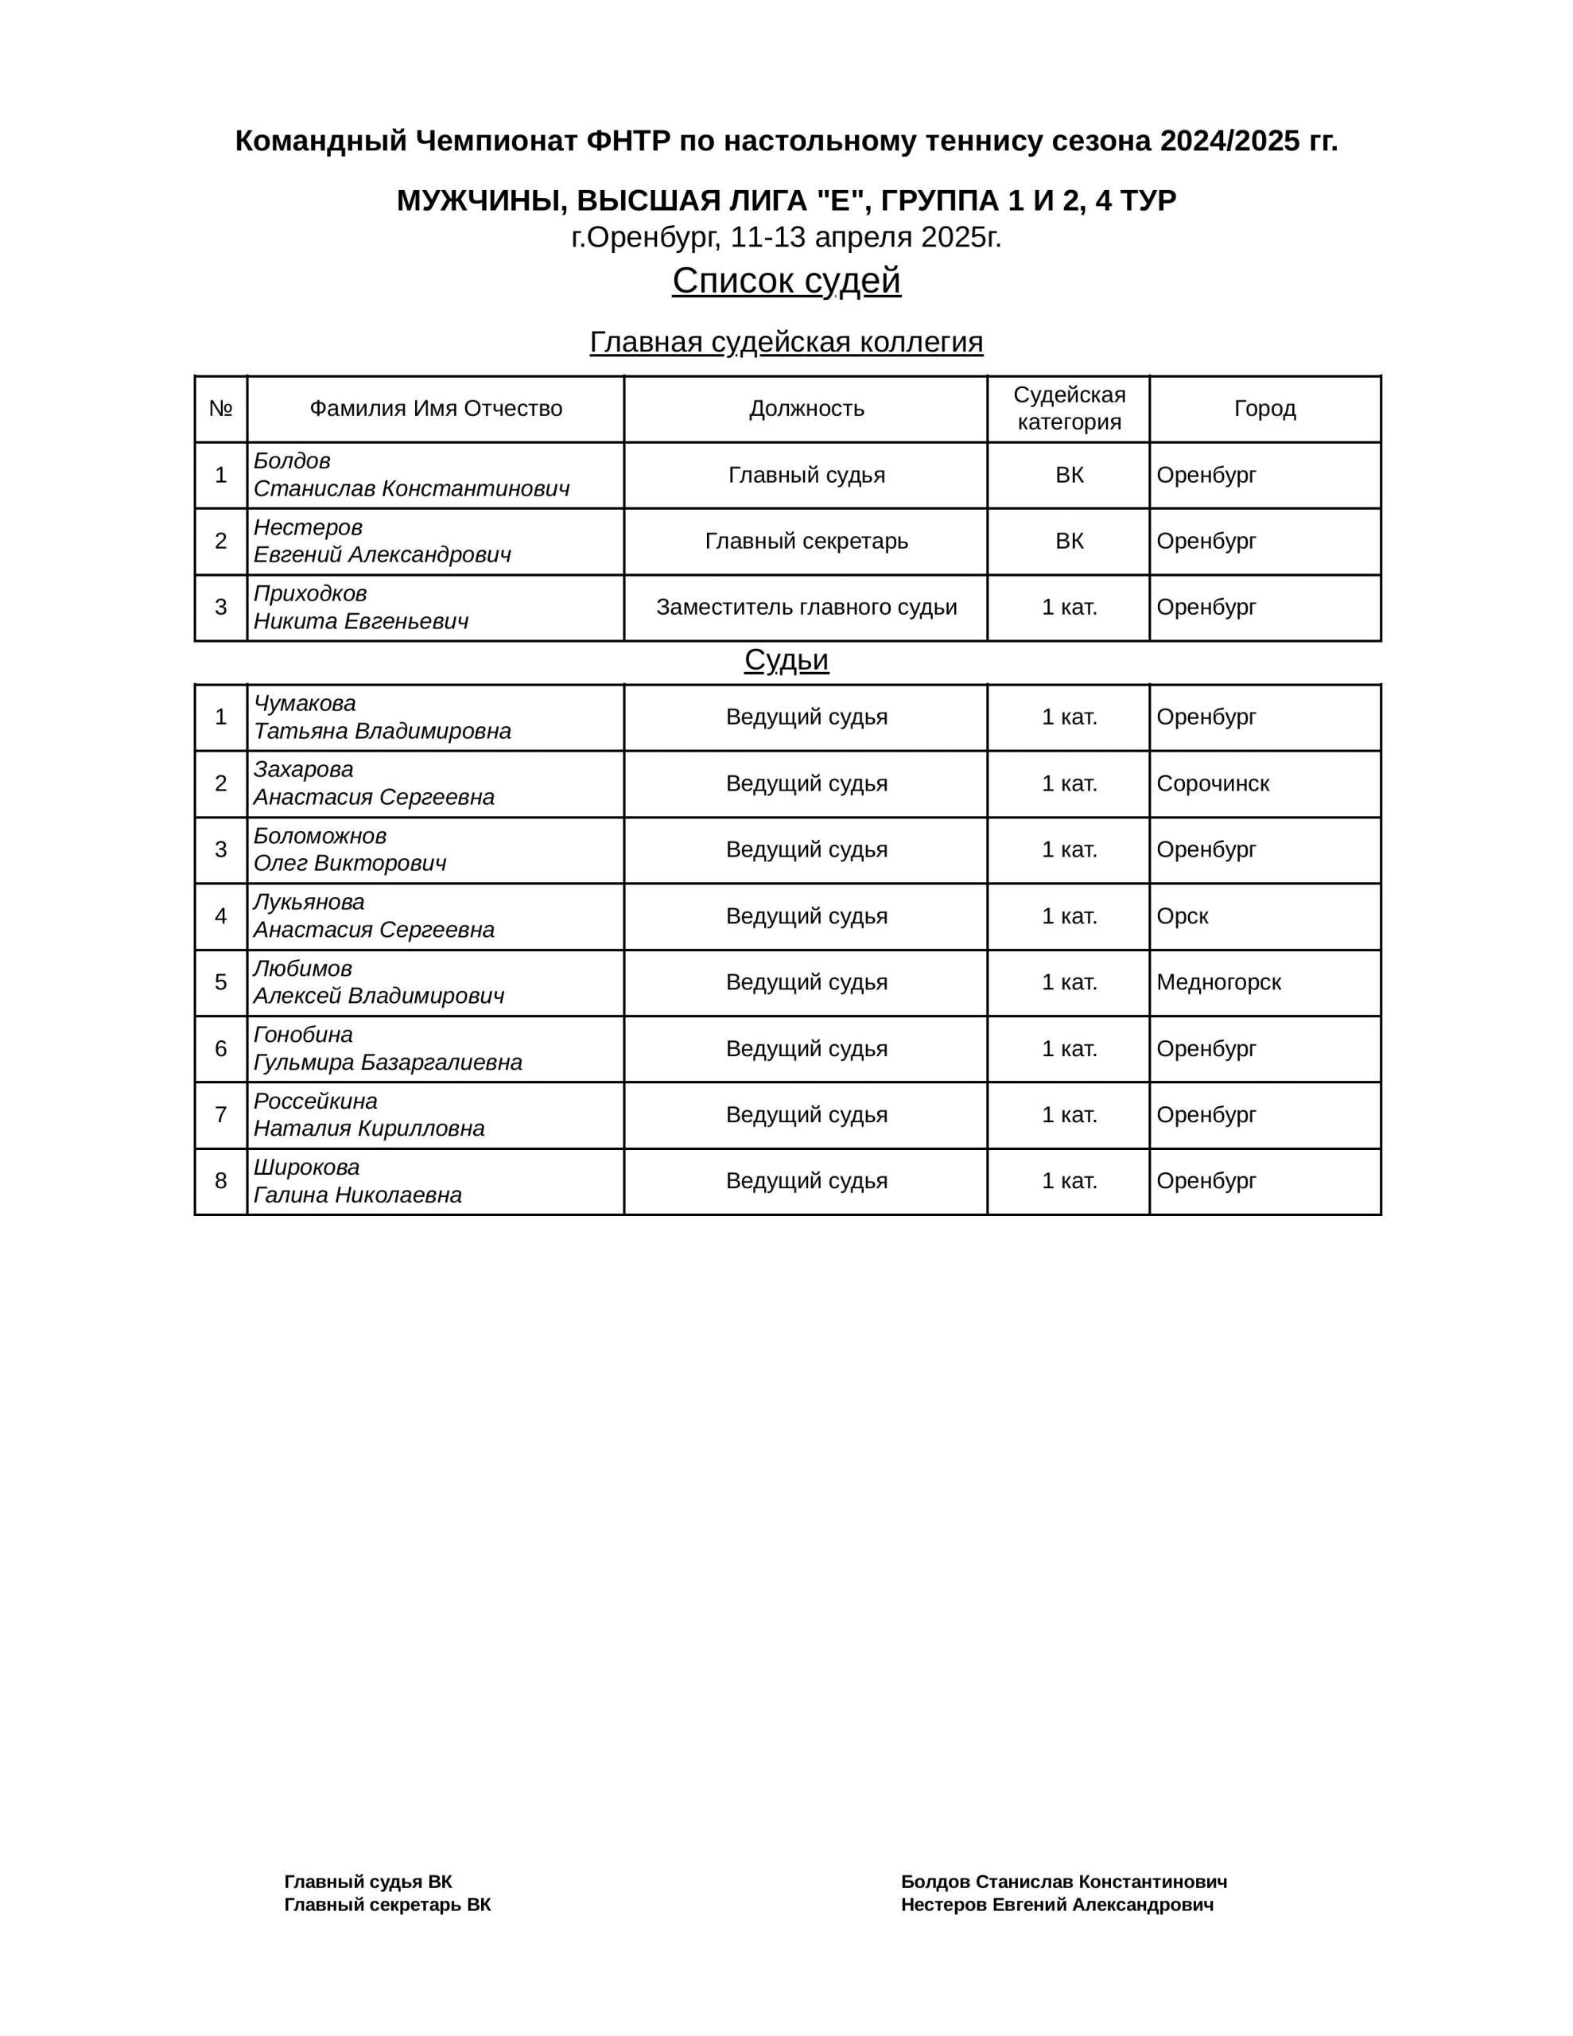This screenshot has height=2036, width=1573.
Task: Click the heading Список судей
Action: pos(786,281)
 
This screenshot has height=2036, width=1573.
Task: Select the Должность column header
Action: pos(806,408)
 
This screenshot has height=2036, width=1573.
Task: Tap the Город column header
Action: pos(1264,408)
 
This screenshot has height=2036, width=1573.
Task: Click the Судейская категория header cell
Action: pos(1069,408)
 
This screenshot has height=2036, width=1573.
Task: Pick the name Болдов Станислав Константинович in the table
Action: pos(411,476)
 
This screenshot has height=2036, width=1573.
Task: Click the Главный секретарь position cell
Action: pos(806,542)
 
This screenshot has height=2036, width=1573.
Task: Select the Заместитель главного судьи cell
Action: pos(806,608)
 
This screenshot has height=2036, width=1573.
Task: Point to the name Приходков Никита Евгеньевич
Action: pos(361,608)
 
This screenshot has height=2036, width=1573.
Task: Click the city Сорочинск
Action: pos(1212,784)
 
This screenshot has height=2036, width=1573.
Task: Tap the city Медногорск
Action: pos(1218,982)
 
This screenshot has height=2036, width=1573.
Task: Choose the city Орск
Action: pos(1183,916)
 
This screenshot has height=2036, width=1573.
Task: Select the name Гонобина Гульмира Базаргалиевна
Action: pos(388,1049)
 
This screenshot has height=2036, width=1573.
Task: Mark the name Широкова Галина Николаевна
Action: pos(358,1181)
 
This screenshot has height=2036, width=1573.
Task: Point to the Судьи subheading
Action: pos(786,660)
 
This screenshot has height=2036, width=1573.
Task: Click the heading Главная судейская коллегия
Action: pos(786,342)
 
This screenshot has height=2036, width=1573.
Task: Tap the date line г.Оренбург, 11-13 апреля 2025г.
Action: pos(786,238)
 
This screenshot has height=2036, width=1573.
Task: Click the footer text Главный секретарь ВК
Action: pos(387,1905)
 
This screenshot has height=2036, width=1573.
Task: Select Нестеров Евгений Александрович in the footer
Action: pos(1056,1905)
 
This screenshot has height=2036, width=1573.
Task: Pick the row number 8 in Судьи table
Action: pos(221,1181)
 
